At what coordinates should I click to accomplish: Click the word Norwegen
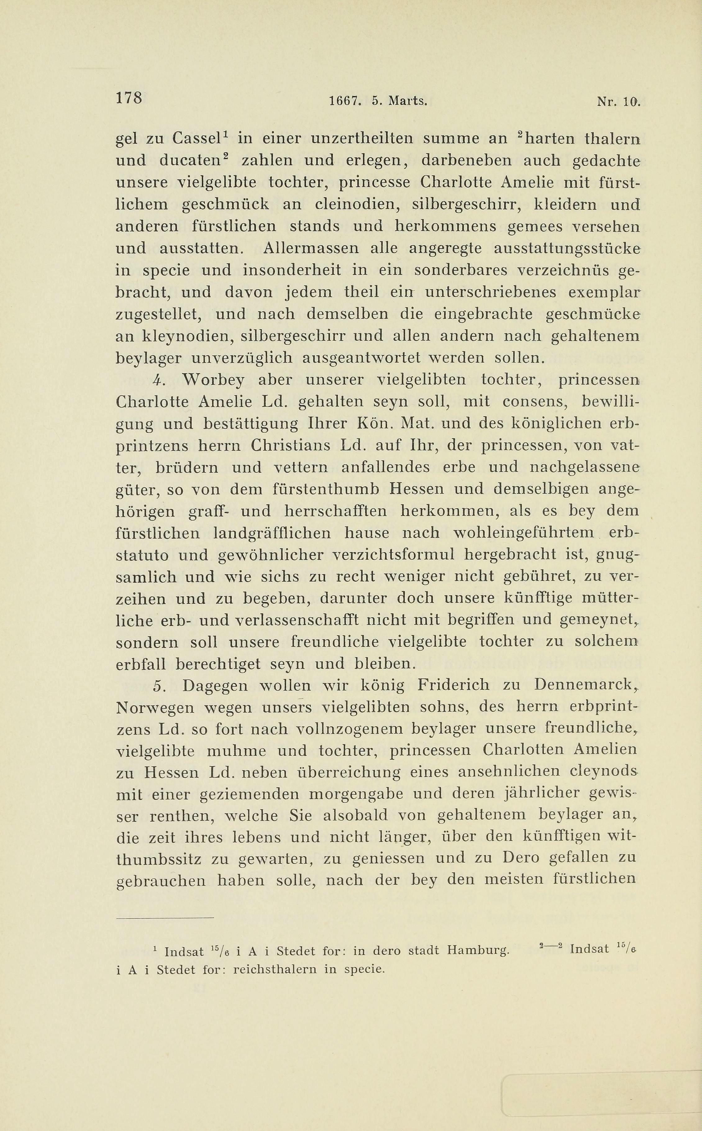155,708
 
